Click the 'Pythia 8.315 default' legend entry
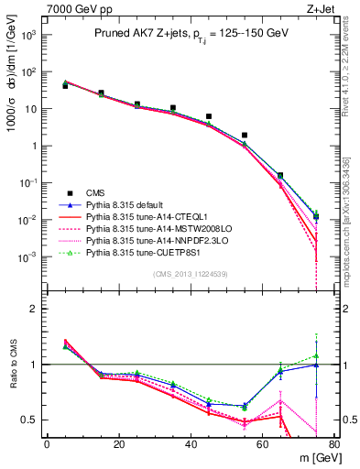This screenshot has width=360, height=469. [127, 204]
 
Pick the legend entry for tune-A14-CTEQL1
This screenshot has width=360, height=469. [145, 216]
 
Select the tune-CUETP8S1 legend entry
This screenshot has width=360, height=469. [142, 252]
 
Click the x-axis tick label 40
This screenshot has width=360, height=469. [191, 444]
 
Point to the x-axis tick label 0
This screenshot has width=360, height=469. [47, 444]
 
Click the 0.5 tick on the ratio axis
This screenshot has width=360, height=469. [33, 420]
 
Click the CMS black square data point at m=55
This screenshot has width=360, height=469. [245, 136]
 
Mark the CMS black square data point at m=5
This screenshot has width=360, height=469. [65, 85]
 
